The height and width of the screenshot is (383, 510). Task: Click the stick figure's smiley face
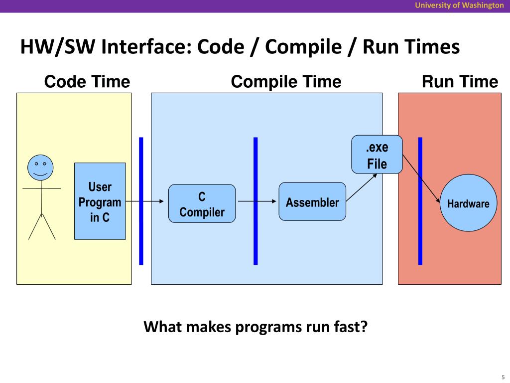pos(40,168)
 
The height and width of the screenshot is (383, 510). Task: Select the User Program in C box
pos(100,201)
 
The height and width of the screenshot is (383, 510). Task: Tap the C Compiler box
pos(202,203)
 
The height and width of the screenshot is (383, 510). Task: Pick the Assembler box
pos(312,201)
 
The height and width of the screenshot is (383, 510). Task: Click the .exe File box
pos(377,155)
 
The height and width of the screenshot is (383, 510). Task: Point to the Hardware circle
pos(468,203)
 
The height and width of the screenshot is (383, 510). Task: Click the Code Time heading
pos(87,81)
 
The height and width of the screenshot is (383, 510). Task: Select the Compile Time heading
pos(286,82)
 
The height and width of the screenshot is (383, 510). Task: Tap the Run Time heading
pos(460,81)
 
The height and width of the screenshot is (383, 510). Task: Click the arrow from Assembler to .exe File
pos(362,188)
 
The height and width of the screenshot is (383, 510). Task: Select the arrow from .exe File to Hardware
pos(421,179)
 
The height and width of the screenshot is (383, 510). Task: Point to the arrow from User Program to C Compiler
pos(145,201)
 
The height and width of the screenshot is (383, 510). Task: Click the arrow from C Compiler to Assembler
pos(257,201)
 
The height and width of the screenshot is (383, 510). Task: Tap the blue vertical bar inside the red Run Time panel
pos(420,201)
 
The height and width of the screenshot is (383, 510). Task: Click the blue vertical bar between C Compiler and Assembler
pos(255,201)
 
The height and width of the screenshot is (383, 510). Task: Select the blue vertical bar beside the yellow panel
pos(141,201)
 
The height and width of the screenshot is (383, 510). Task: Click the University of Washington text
pos(459,5)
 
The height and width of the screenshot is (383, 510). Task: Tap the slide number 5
pos(503,377)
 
